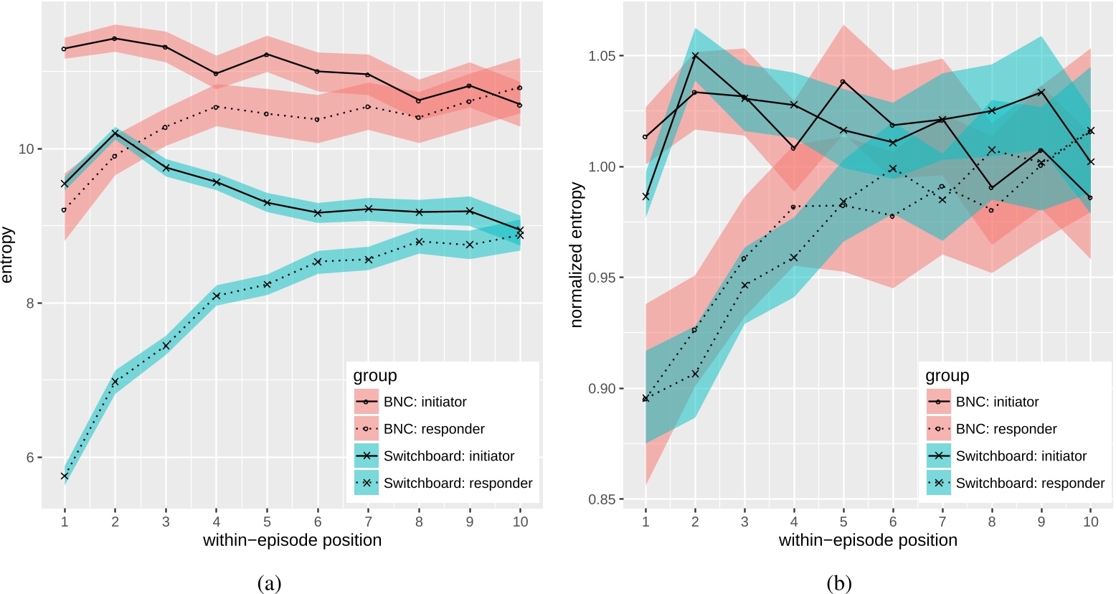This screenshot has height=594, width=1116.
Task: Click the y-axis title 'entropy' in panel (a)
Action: [x=8, y=255]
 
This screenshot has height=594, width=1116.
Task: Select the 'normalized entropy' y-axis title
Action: [x=577, y=255]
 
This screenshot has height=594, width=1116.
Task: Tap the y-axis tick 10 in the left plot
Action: [x=30, y=149]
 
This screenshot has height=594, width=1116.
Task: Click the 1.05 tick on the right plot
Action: [x=601, y=56]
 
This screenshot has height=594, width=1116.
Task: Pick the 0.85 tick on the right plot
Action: [x=601, y=499]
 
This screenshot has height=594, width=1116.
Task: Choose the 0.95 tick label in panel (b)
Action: [x=601, y=278]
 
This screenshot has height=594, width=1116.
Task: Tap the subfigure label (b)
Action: [x=840, y=583]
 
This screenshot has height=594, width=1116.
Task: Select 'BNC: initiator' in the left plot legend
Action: [x=425, y=402]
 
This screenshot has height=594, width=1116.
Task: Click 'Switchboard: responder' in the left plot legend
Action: [x=458, y=483]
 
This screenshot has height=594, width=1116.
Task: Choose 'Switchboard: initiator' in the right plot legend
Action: [x=1021, y=456]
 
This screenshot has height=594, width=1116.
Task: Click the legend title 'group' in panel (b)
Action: [x=947, y=376]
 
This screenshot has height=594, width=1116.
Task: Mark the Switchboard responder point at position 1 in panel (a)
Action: [x=65, y=476]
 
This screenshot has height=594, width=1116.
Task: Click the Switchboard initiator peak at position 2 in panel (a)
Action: [x=115, y=133]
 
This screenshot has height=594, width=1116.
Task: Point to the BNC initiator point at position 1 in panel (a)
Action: [x=64, y=49]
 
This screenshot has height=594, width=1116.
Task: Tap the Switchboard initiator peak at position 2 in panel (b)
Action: [x=694, y=55]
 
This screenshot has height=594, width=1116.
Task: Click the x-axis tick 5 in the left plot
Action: [x=267, y=522]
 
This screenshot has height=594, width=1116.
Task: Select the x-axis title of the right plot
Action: [x=868, y=540]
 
